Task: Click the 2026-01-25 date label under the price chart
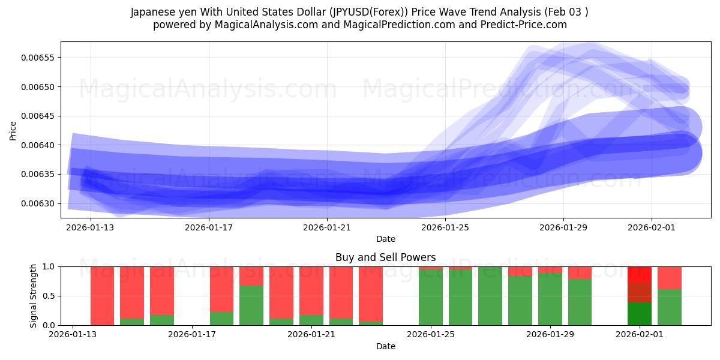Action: point(445,227)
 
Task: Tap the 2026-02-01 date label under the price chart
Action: point(652,227)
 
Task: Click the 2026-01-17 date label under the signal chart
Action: point(192,335)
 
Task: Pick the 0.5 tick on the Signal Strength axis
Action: point(47,296)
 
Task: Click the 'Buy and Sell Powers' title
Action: point(386,257)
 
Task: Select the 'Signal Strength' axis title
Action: point(34,295)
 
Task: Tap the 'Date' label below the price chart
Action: point(386,239)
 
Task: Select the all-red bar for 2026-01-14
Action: point(103,296)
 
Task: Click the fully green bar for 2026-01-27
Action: point(490,296)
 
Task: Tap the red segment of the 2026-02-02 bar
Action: point(670,278)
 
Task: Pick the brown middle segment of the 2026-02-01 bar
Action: point(640,293)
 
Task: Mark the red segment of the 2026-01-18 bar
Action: point(221,289)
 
